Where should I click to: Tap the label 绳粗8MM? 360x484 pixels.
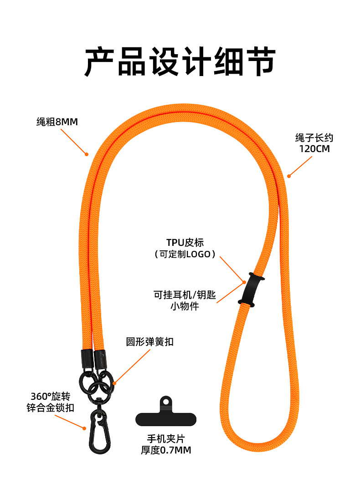click(x=57, y=122)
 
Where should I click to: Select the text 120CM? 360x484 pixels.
click(x=314, y=149)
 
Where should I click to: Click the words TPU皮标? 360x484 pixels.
click(x=185, y=242)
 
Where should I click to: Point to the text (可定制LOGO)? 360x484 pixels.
click(x=185, y=255)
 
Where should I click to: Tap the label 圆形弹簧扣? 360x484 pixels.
click(x=149, y=341)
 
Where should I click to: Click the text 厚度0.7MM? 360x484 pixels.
click(x=166, y=450)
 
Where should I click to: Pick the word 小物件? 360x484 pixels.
click(x=185, y=306)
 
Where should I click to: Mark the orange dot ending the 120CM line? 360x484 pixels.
click(x=288, y=176)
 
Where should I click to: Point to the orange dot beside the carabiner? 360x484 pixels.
click(x=84, y=427)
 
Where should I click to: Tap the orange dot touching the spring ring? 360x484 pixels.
click(x=114, y=383)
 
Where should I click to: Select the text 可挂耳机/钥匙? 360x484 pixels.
click(x=185, y=295)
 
